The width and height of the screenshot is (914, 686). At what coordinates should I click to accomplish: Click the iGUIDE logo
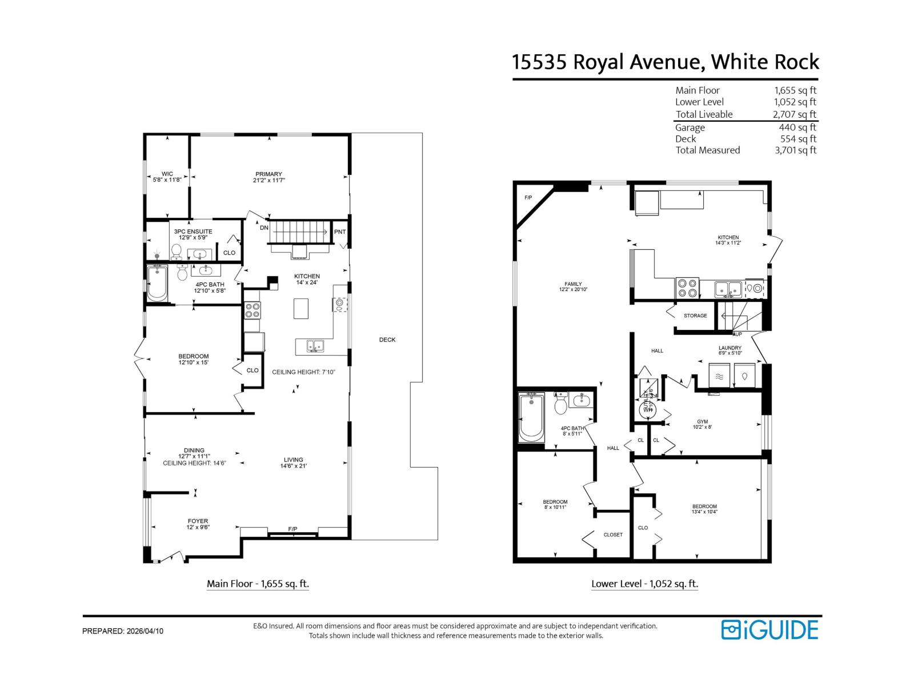[x=769, y=629]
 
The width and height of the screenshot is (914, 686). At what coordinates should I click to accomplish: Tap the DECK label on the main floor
[x=387, y=340]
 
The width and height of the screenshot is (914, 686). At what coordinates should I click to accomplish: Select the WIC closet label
[x=167, y=174]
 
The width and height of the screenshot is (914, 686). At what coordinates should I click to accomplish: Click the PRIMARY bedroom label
[x=268, y=174]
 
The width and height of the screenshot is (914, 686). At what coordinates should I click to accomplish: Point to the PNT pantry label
[x=340, y=232]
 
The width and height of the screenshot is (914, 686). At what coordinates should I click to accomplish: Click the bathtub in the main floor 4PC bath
[x=157, y=284]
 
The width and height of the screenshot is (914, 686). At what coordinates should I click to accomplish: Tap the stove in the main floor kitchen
[x=252, y=310]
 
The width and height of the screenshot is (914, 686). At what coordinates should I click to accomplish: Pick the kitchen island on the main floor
[x=301, y=309]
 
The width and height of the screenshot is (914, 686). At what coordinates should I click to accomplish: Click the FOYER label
[x=198, y=521]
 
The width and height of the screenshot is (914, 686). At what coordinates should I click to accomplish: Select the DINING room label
[x=194, y=450]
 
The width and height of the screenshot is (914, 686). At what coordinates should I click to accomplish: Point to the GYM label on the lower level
[x=702, y=422]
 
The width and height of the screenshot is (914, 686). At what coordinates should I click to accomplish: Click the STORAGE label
[x=695, y=316]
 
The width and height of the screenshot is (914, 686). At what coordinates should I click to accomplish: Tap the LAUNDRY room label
[x=730, y=348]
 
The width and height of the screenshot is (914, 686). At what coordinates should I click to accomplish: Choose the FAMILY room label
[x=573, y=284]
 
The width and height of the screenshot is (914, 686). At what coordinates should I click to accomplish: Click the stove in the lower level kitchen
[x=687, y=288]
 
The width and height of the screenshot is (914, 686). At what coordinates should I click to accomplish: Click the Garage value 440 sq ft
[x=797, y=127]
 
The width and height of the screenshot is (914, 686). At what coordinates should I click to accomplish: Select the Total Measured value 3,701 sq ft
[x=795, y=150]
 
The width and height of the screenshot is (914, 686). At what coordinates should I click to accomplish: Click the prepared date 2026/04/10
[x=144, y=631]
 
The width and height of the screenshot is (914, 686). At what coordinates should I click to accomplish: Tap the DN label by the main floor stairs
[x=264, y=228]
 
